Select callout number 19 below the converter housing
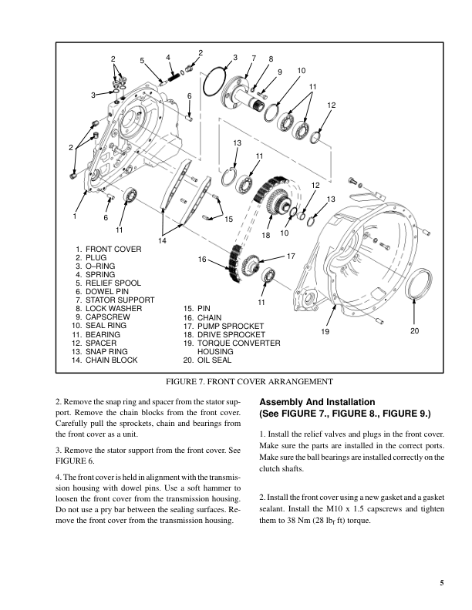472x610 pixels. (x=325, y=330)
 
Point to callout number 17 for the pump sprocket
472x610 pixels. (x=291, y=254)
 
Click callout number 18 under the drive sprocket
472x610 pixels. (x=267, y=233)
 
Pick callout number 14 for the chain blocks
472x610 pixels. (x=163, y=242)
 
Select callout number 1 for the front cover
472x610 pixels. (x=76, y=217)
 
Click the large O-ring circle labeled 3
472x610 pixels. (x=218, y=85)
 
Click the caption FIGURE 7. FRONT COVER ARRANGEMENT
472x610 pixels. (x=248, y=381)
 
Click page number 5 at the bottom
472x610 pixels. (x=442, y=582)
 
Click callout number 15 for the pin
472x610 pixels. (x=228, y=220)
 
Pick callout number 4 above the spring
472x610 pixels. (x=168, y=57)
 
